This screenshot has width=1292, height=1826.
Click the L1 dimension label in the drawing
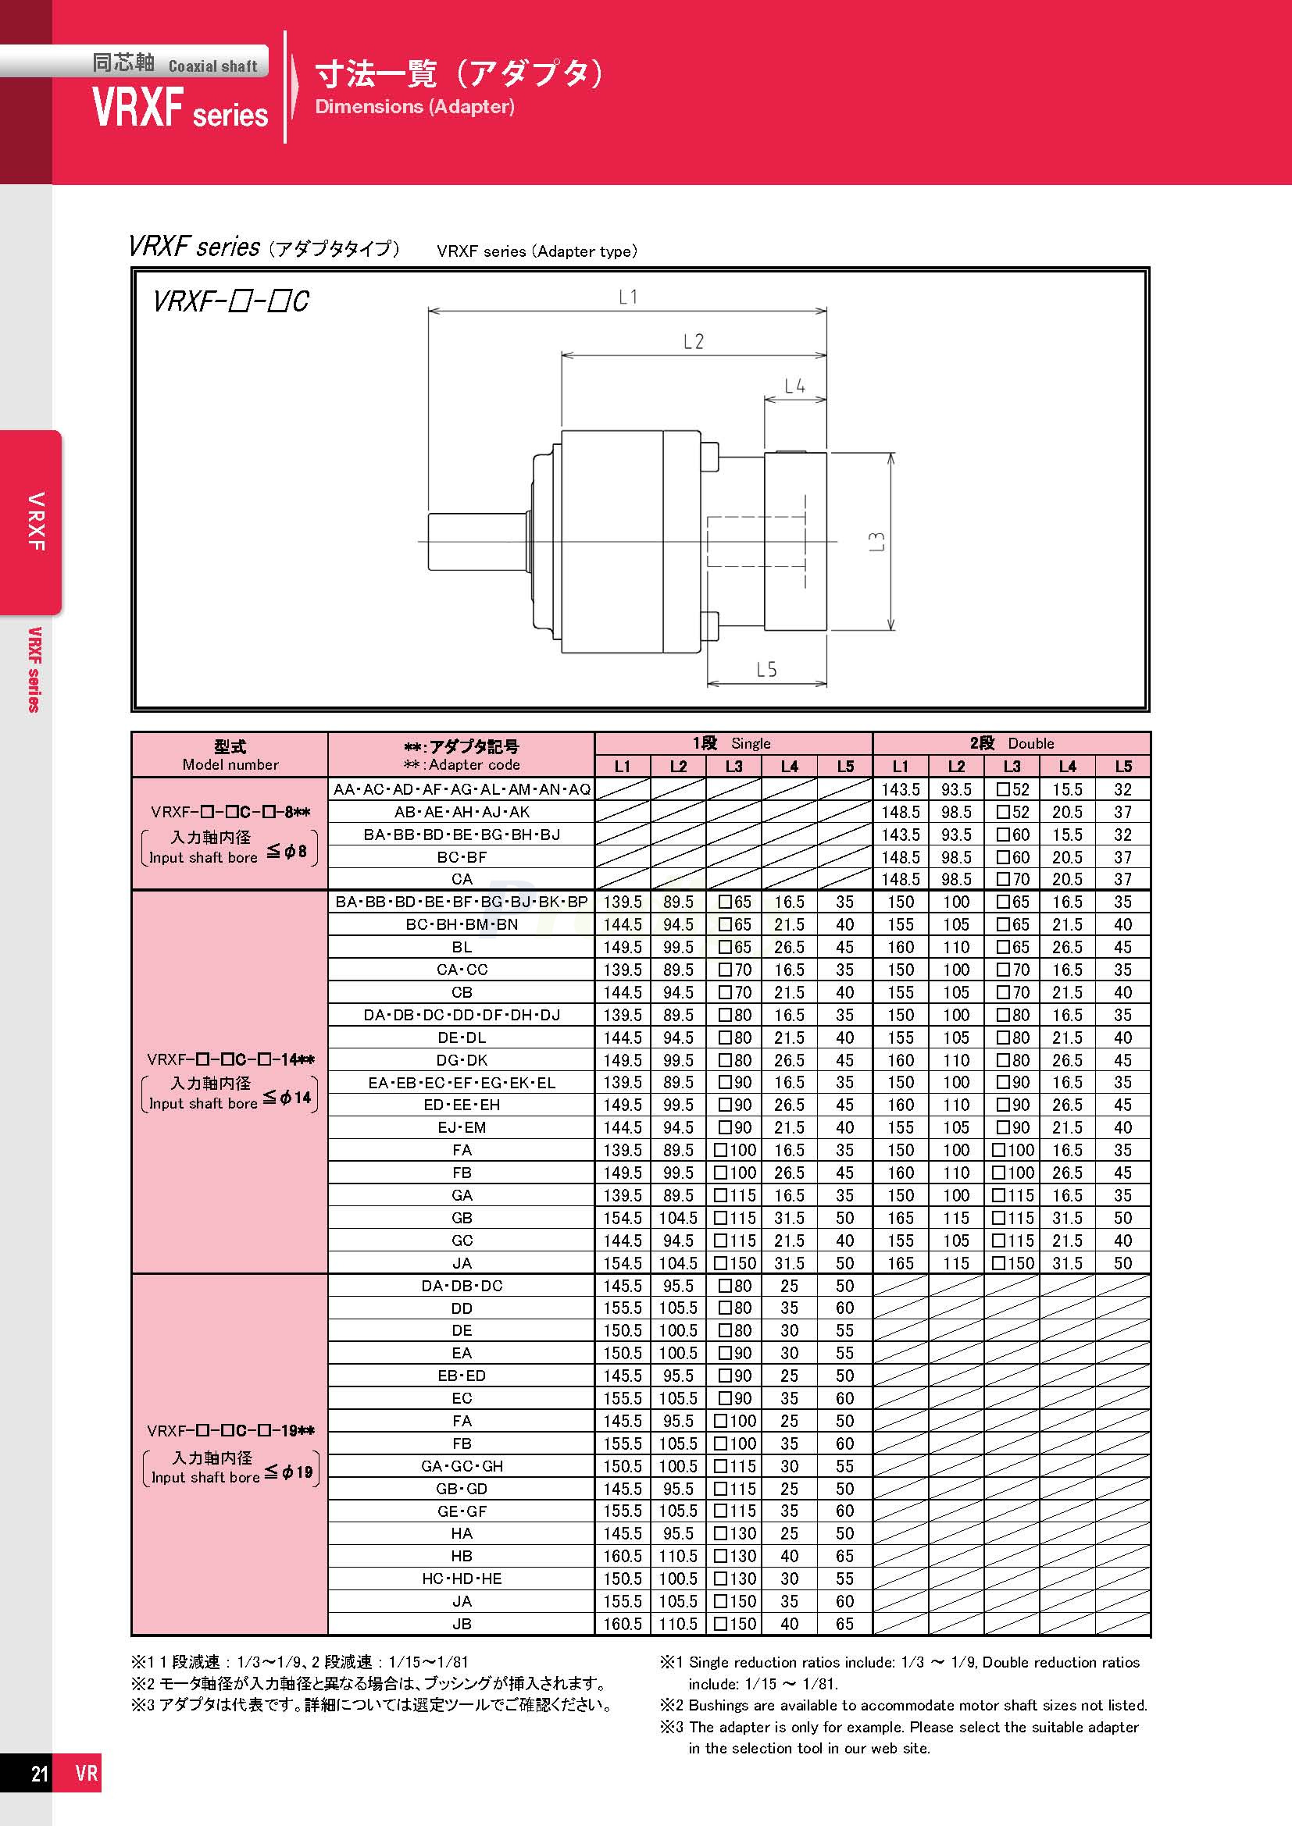628,297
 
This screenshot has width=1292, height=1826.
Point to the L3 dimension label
876,542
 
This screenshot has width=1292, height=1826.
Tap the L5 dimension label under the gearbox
766,670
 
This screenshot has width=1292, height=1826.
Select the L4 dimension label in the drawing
794,386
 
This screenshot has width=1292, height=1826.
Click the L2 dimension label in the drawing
693,342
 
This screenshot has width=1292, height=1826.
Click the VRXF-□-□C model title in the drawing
230,301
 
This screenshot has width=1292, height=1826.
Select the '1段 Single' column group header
732,742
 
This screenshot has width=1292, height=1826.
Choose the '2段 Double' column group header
1011,742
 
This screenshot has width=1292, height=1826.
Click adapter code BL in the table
462,947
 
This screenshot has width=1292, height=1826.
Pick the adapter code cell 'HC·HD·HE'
462,1579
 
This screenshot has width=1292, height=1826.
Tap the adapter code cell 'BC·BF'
462,857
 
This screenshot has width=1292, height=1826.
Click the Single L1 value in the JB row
622,1624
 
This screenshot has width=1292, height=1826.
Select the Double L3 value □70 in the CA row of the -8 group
1012,880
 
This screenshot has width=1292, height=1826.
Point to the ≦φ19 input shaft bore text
290,1472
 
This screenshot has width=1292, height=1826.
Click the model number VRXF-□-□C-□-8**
230,812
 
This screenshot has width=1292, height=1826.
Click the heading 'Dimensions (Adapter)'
415,107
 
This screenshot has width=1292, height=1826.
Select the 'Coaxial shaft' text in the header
212,67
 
